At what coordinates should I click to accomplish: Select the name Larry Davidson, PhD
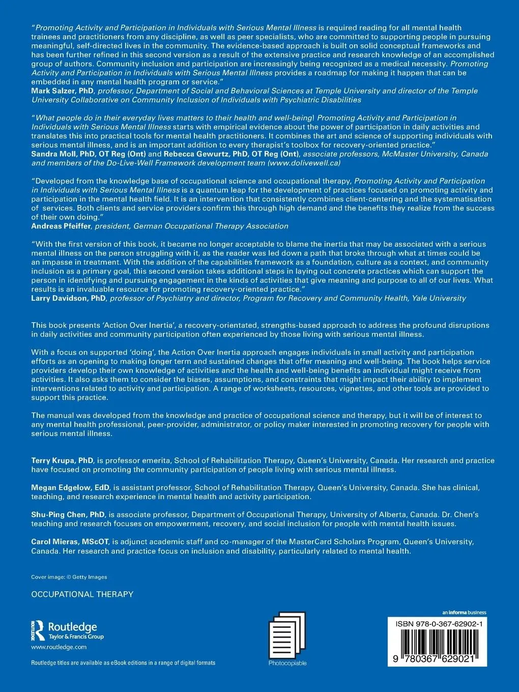point(69,298)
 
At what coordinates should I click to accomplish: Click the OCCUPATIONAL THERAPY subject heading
point(82,594)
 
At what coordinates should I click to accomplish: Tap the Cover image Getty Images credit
point(69,577)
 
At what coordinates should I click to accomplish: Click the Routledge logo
point(68,631)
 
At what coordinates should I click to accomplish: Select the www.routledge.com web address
point(59,647)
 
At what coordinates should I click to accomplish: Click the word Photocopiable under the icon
point(287,664)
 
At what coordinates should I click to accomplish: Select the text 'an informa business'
point(464,613)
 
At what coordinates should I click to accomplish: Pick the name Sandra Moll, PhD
point(61,154)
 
